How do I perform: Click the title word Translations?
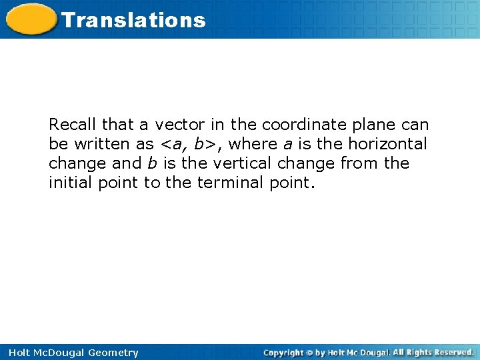133,20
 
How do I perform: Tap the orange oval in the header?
31,19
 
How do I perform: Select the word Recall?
72,125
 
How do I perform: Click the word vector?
179,125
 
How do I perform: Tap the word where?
253,144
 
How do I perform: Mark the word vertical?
239,163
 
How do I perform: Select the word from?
360,163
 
